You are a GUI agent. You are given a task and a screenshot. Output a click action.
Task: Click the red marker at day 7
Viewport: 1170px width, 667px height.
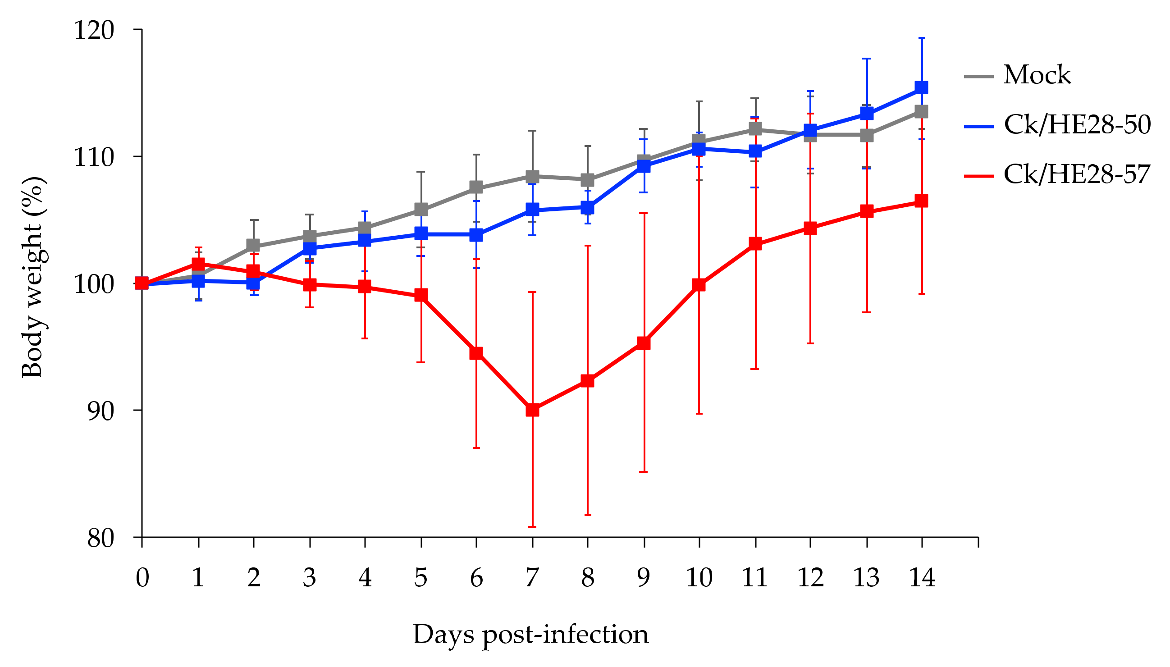pyautogui.click(x=532, y=410)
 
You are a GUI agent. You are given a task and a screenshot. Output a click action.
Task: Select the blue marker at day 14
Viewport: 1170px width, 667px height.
pyautogui.click(x=921, y=87)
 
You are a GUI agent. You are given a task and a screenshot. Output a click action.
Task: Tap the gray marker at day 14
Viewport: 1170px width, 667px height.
pyautogui.click(x=921, y=111)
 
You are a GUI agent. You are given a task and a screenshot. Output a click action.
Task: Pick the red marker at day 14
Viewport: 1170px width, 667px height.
pyautogui.click(x=921, y=201)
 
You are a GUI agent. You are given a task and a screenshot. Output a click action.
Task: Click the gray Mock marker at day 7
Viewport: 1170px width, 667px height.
pyautogui.click(x=532, y=176)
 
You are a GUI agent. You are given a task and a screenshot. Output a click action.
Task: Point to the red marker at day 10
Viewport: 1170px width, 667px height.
pyautogui.click(x=699, y=285)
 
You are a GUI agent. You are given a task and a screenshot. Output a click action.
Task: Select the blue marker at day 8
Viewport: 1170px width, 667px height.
pyautogui.click(x=587, y=207)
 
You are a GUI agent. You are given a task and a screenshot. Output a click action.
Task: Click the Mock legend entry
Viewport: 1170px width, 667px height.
pyautogui.click(x=1036, y=75)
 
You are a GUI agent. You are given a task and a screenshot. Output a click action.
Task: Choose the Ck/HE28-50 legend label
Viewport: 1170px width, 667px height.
pyautogui.click(x=1077, y=124)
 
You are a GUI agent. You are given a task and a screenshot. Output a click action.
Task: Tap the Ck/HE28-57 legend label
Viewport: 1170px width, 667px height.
pyautogui.click(x=1077, y=174)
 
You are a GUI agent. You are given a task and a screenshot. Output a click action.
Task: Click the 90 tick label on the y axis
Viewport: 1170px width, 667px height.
pyautogui.click(x=101, y=411)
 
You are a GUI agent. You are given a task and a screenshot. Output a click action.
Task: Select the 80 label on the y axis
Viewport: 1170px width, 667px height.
pyautogui.click(x=101, y=538)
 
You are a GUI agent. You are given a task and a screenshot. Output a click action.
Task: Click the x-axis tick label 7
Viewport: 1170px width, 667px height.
pyautogui.click(x=532, y=577)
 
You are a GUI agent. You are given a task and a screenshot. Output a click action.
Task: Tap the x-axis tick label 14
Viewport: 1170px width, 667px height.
pyautogui.click(x=921, y=577)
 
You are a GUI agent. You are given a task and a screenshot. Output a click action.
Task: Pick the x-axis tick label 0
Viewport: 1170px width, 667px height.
pyautogui.click(x=142, y=577)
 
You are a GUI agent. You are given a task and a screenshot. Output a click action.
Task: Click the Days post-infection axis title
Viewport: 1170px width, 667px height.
pyautogui.click(x=530, y=635)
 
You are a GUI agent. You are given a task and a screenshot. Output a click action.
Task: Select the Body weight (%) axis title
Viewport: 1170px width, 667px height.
pyautogui.click(x=33, y=277)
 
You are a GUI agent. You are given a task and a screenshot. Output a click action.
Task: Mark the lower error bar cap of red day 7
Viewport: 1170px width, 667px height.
pyautogui.click(x=532, y=526)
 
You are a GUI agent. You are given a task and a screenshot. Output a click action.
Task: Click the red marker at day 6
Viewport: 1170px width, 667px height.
pyautogui.click(x=476, y=353)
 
